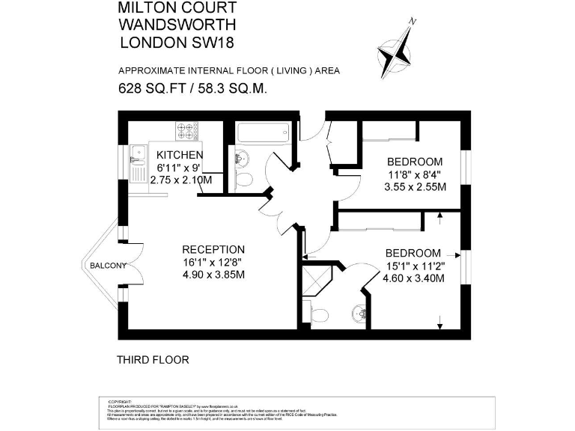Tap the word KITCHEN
coord(180,155)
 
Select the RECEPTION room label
coord(214,249)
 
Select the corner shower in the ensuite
coord(317,281)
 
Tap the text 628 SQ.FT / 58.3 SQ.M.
coord(193,88)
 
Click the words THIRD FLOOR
coord(153,360)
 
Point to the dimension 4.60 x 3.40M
coord(413,279)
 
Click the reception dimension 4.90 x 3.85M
coord(214,275)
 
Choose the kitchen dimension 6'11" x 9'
coord(180,168)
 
